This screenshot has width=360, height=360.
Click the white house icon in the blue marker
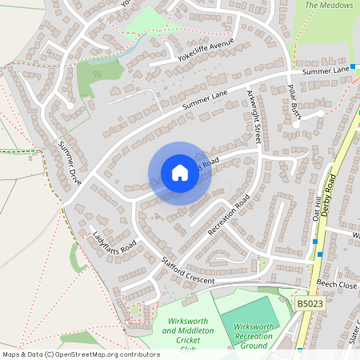pos(180,172)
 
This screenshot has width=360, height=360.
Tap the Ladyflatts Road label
pos(114,239)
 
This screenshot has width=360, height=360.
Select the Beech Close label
pos(336,284)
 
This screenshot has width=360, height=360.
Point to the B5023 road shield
pos(310,304)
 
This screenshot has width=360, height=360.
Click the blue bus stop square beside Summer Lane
pos(353,66)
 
